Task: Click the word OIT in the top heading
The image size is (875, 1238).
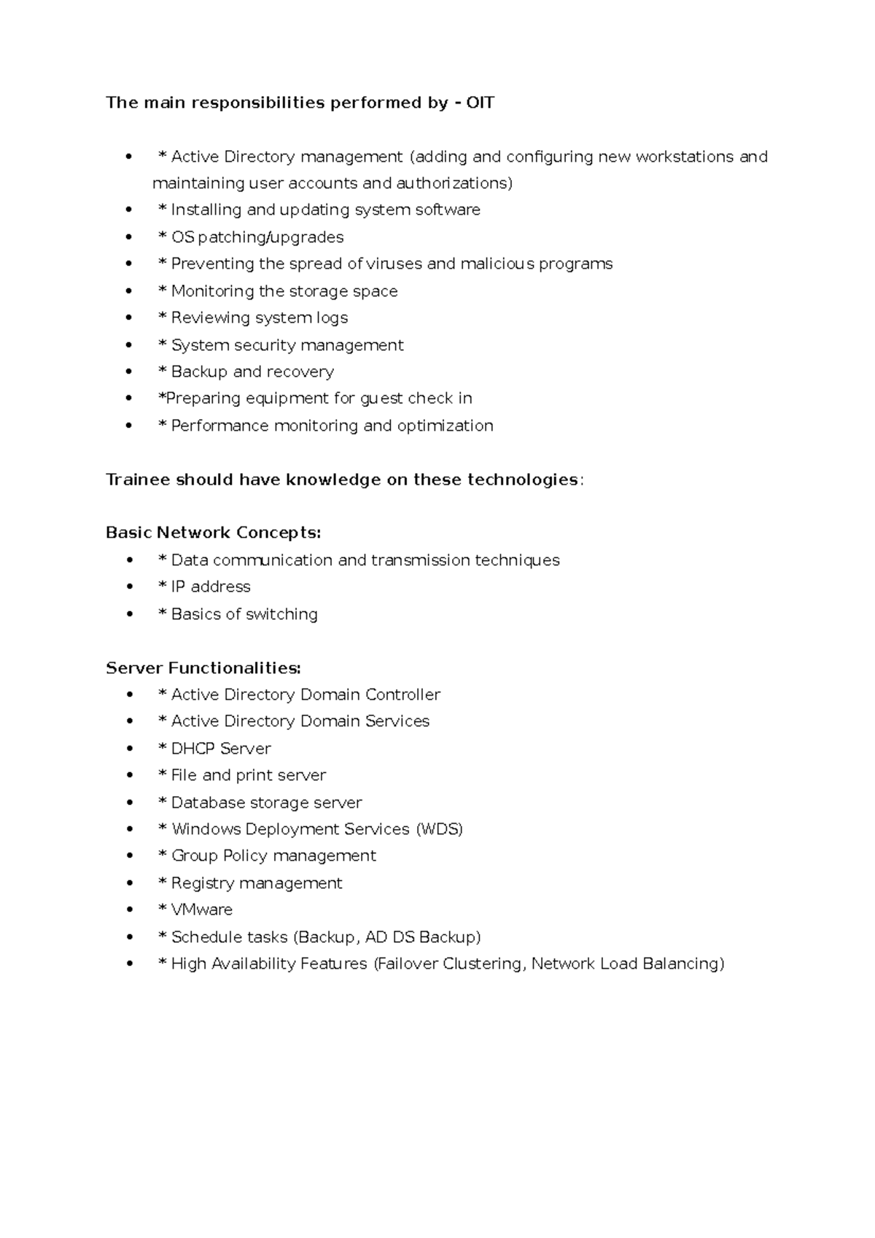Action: coord(481,103)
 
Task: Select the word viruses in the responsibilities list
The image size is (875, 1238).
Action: coord(394,264)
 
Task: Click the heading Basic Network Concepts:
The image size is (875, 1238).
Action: coord(213,533)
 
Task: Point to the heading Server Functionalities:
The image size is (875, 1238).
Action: coord(203,668)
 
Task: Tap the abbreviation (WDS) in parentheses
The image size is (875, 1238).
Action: coord(439,830)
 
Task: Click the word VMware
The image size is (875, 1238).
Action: coord(202,910)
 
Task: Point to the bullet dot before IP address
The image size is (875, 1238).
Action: coord(130,587)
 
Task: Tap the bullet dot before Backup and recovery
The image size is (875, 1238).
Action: coord(130,372)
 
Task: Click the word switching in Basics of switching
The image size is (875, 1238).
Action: coord(281,615)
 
